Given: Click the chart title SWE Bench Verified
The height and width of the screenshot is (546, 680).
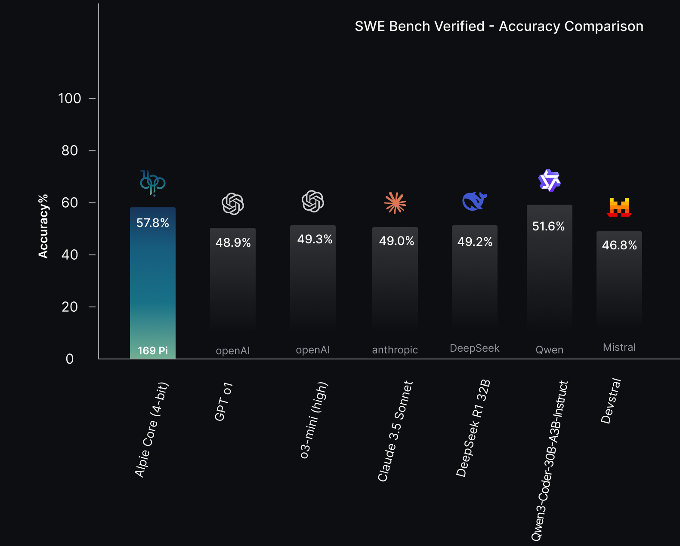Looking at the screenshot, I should point(498,26).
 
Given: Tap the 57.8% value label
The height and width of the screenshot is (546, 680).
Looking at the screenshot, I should point(152,223).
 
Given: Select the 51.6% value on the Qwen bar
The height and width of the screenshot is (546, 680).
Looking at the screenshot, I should point(548,226).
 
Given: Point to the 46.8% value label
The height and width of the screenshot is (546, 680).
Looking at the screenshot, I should point(619,245).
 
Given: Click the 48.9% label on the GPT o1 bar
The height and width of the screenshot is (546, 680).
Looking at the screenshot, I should point(233,242).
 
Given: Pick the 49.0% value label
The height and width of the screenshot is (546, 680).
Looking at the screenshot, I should point(396,241).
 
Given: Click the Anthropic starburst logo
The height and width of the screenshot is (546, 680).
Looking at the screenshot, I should point(395,202).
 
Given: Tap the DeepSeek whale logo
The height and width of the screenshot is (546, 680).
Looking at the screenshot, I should point(474,201).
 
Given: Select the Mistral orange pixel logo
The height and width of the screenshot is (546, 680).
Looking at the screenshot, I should point(619,207).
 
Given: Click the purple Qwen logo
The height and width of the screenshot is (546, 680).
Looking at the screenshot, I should point(549,181).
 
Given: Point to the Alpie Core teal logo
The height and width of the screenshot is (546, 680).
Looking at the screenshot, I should point(152,183).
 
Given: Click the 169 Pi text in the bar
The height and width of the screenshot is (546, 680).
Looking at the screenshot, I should point(152,351).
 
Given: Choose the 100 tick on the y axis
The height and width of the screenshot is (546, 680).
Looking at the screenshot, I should point(70,98).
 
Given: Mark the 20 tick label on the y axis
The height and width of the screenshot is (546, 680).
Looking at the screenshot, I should point(70,307).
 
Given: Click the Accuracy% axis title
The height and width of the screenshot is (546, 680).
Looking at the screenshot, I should point(43,226).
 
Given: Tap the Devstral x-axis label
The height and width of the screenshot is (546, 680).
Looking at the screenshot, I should point(611,401).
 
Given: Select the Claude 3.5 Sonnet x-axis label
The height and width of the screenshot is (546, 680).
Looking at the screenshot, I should point(395,431).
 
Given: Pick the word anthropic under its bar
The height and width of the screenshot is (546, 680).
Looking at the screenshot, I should point(395,350).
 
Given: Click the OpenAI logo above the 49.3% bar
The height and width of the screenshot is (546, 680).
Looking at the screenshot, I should point(312,201).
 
